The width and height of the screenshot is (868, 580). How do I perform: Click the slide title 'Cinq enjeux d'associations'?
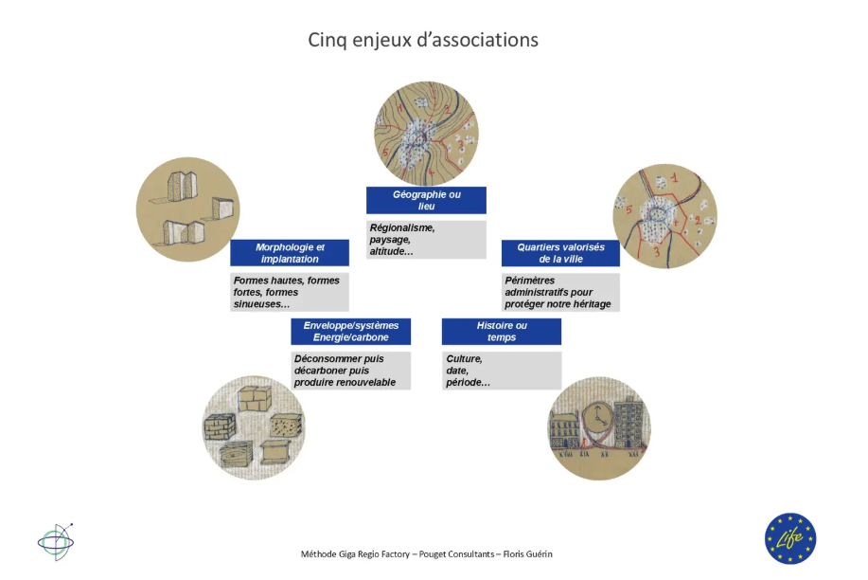423,40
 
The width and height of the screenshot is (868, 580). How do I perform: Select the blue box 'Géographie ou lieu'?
426,200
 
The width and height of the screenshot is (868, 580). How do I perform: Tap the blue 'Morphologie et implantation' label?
290,252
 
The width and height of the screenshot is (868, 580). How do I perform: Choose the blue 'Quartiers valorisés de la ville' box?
560,252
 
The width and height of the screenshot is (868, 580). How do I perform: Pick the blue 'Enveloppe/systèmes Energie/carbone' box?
351,331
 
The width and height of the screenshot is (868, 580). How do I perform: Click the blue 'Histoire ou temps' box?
502,331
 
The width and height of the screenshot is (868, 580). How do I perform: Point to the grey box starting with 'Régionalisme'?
426,240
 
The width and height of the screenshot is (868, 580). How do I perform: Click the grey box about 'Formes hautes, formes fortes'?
290,292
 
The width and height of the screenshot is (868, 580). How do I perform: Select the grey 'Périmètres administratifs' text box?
560,292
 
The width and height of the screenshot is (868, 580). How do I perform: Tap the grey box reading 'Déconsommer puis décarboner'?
351,371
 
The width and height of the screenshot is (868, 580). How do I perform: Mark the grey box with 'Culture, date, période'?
502,371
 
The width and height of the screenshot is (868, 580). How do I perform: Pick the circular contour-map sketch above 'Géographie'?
426,133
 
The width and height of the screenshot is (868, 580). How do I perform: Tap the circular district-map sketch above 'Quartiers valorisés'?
664,216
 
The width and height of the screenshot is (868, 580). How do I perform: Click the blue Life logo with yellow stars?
790,538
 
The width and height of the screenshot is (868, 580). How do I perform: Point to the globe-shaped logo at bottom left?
55,541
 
